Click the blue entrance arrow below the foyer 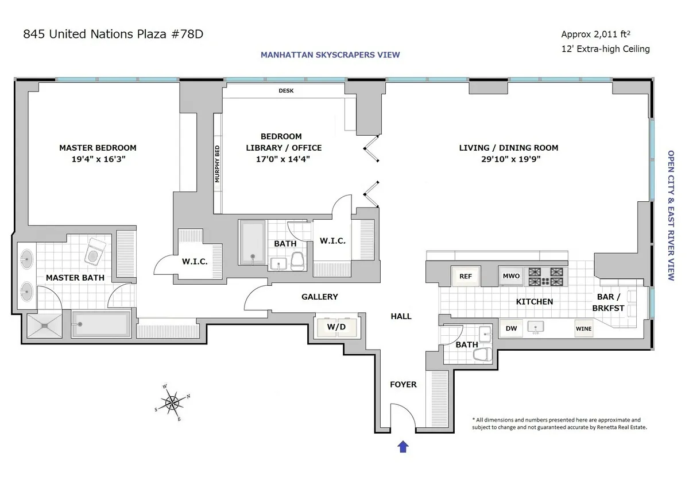pyautogui.click(x=403, y=446)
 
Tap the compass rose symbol pyautogui.click(x=172, y=403)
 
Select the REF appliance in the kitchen pyautogui.click(x=466, y=277)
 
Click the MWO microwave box pyautogui.click(x=510, y=277)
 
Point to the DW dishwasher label pyautogui.click(x=510, y=328)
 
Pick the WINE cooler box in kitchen pyautogui.click(x=583, y=329)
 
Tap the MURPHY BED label pyautogui.click(x=218, y=164)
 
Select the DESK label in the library pyautogui.click(x=286, y=91)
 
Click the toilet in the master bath pyautogui.click(x=95, y=251)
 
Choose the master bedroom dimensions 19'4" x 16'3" pyautogui.click(x=98, y=159)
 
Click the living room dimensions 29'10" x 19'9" pyautogui.click(x=508, y=159)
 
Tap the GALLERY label pyautogui.click(x=320, y=297)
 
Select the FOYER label pyautogui.click(x=403, y=384)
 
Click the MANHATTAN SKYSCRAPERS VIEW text pyautogui.click(x=330, y=55)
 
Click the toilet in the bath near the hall pyautogui.click(x=482, y=353)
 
